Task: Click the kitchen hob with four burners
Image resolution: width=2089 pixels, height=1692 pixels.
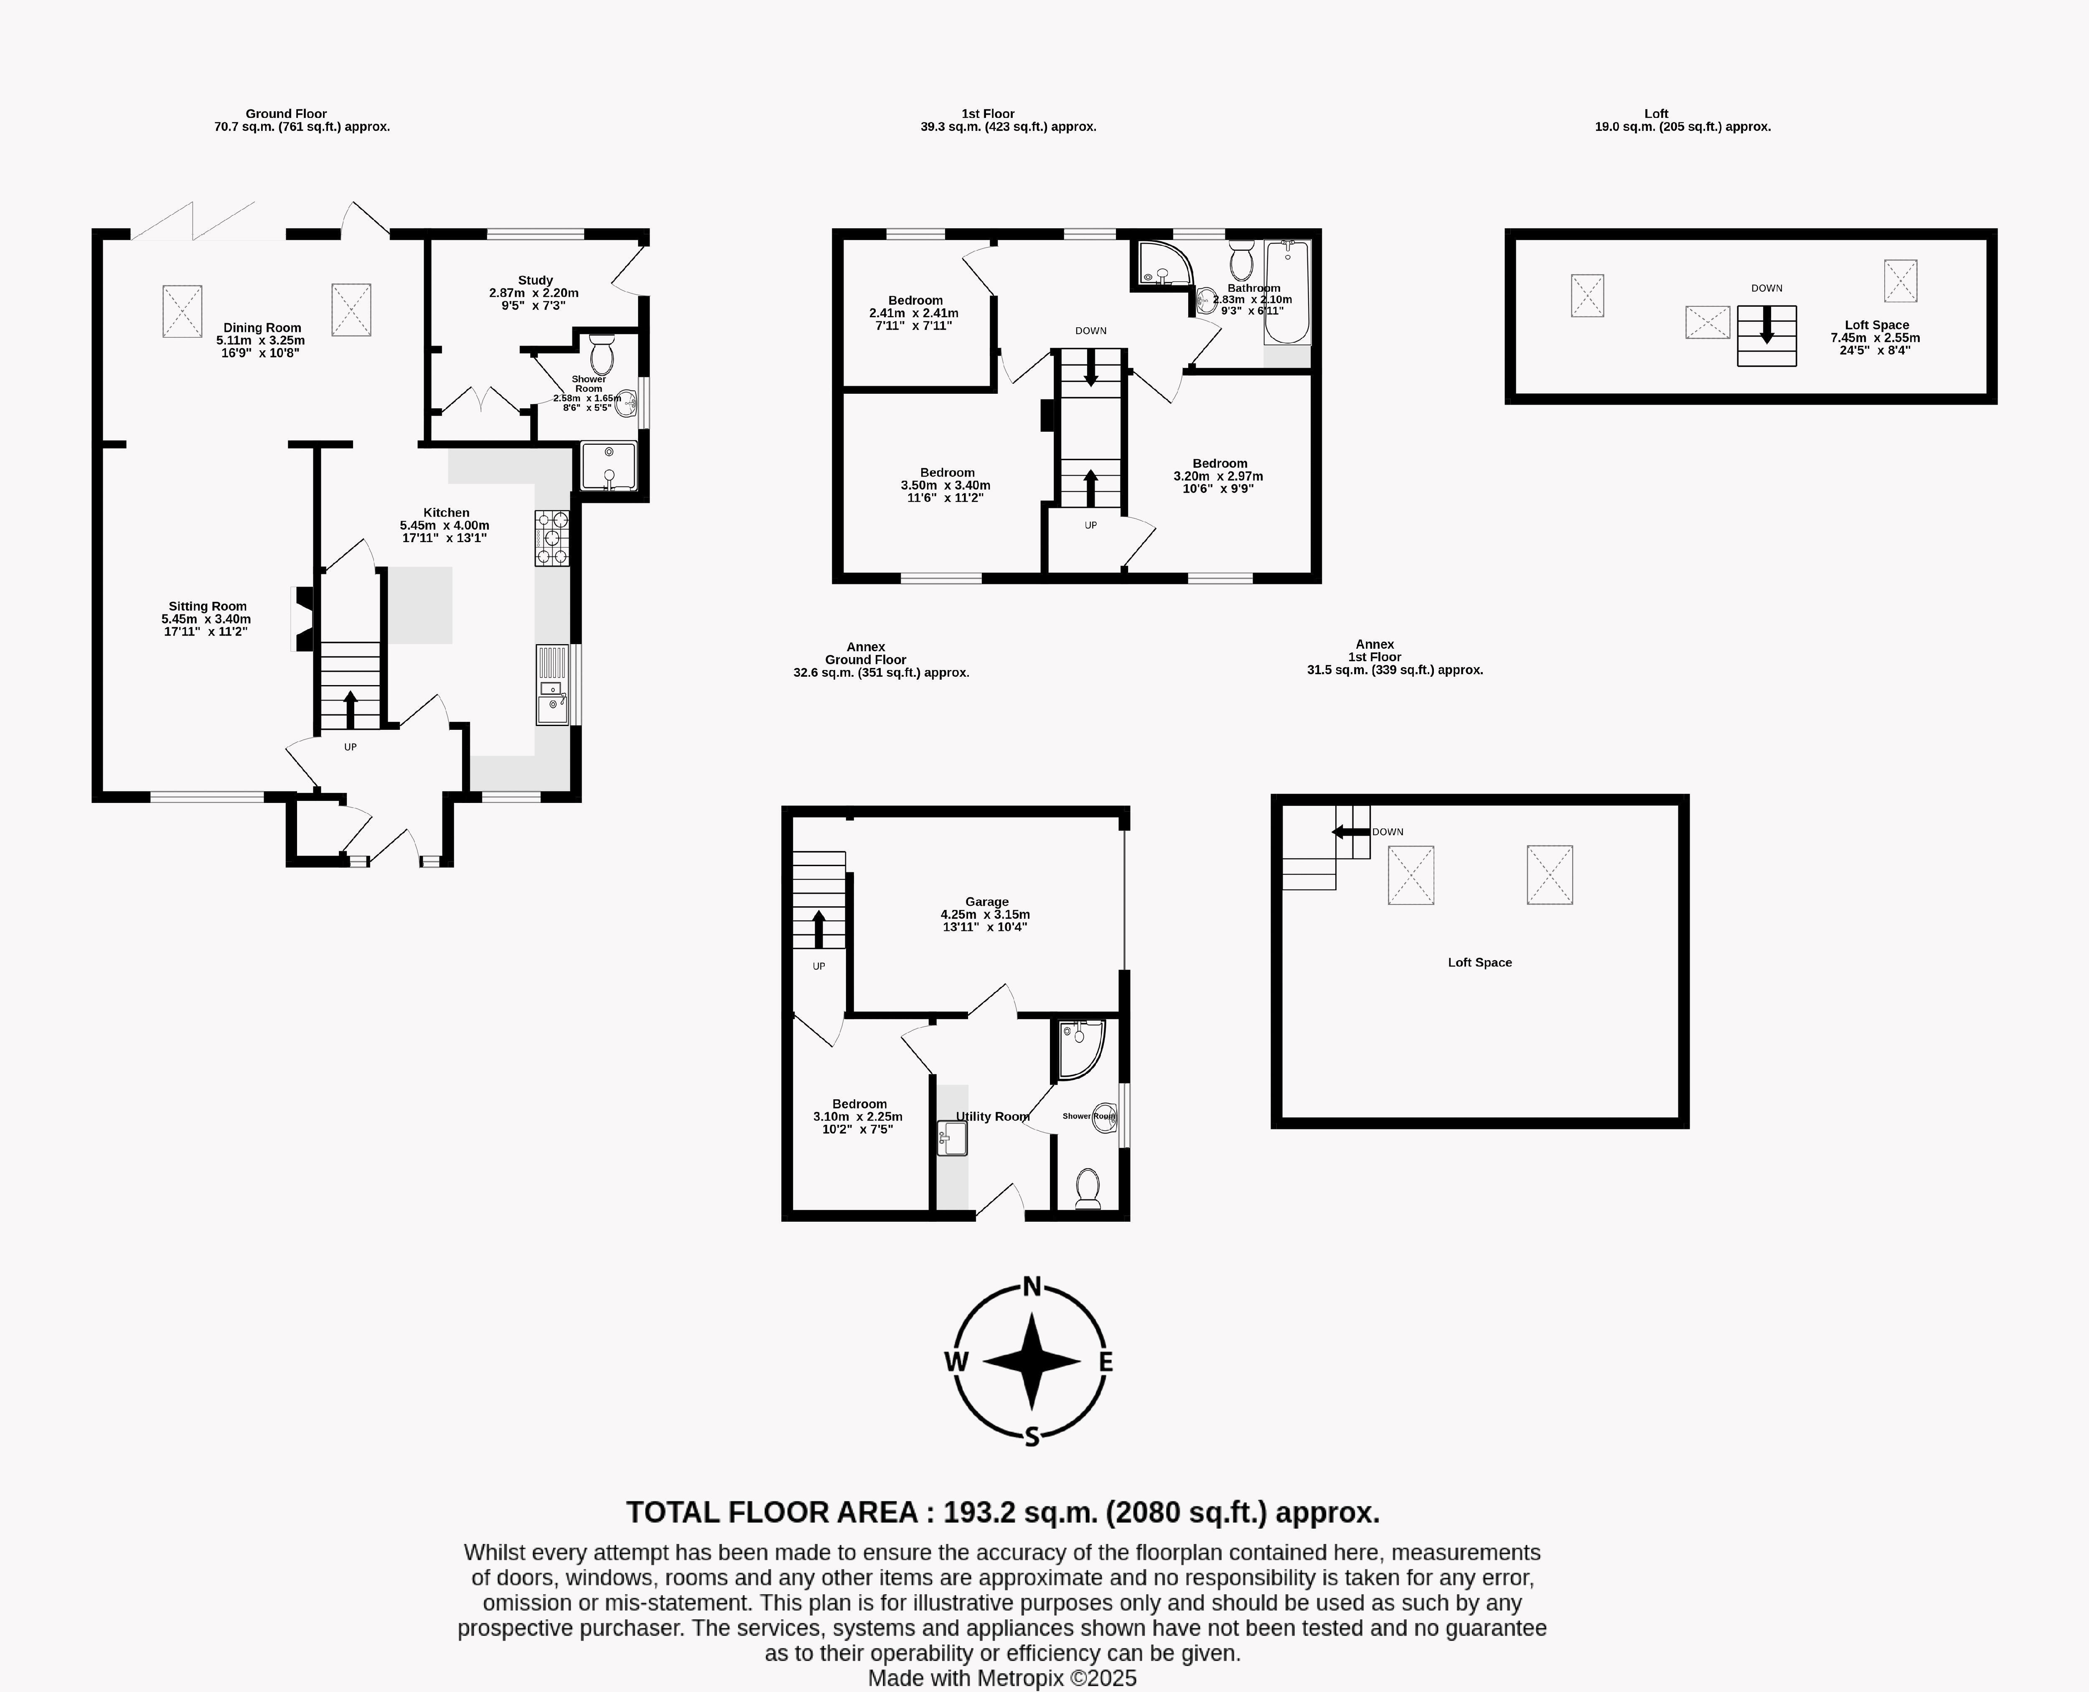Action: [551, 538]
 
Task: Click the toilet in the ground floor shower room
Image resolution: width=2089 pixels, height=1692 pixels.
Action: [601, 355]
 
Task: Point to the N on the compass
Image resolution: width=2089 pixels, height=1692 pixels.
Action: [1032, 1287]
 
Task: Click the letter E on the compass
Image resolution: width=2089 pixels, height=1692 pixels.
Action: [1106, 1363]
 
